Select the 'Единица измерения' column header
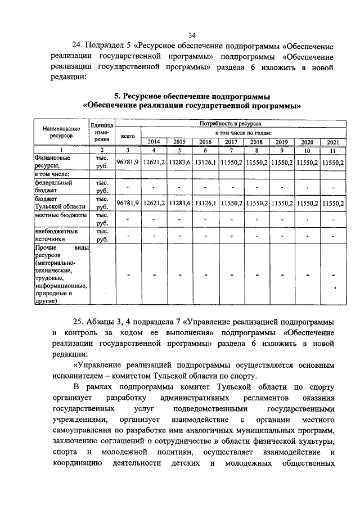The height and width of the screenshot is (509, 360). [102, 132]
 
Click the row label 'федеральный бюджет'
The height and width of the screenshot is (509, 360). [53, 187]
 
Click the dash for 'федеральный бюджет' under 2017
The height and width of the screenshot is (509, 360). [231, 187]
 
